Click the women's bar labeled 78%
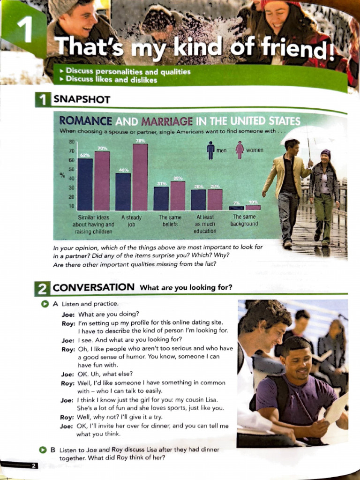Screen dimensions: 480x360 coord(140,177)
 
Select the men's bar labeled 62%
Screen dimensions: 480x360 coord(85,184)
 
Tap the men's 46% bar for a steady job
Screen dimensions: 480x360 coord(123,191)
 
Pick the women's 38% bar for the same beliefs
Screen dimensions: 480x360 coord(178,195)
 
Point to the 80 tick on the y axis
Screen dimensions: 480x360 coord(72,142)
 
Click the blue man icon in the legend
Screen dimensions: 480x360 coord(210,150)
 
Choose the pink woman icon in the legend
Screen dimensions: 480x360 coord(240,150)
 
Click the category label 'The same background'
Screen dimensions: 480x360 coord(244,220)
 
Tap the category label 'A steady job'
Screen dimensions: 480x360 coord(131,221)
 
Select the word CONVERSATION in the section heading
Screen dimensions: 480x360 coord(94,287)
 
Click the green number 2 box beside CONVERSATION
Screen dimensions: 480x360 coord(41,288)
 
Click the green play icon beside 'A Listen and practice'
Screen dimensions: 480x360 coord(45,304)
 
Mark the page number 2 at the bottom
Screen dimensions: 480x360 coord(34,465)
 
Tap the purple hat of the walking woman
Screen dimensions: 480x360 coord(326,152)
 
